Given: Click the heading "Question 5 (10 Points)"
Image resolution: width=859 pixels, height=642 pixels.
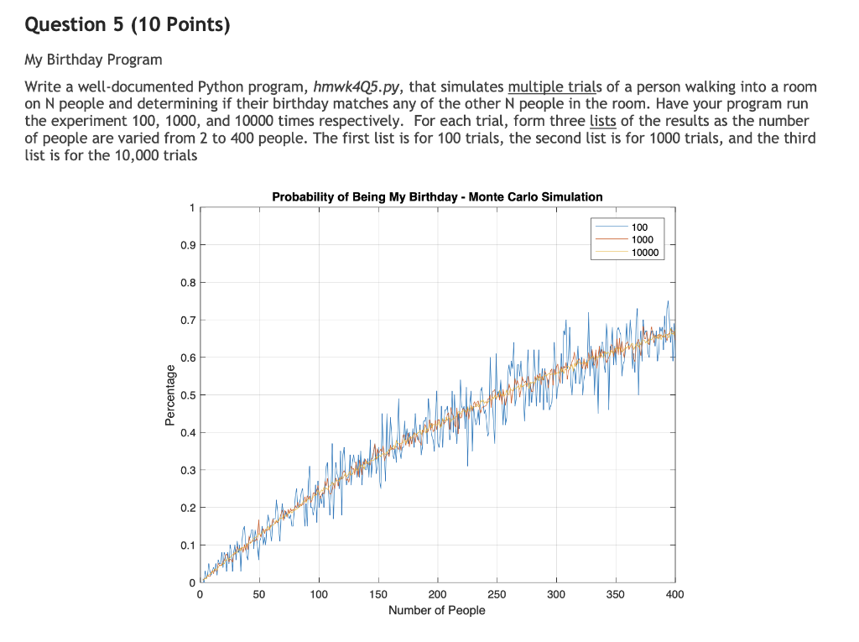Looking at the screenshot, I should tap(127, 25).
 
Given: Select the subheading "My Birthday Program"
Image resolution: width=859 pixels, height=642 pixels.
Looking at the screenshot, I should tap(93, 60).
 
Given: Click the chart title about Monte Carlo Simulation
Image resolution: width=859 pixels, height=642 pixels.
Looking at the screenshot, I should tap(437, 197).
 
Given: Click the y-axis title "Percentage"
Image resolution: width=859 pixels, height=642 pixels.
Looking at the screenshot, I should tap(171, 395).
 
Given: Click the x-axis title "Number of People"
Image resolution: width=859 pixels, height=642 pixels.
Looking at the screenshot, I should tap(436, 610).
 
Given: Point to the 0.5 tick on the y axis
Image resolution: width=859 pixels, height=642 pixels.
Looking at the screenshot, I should tap(190, 395).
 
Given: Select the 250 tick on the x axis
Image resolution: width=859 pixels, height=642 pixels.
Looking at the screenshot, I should tap(497, 594).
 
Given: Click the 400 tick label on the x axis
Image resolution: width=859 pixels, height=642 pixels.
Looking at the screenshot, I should tap(674, 594).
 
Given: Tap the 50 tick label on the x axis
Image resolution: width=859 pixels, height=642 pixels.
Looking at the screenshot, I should tap(259, 594).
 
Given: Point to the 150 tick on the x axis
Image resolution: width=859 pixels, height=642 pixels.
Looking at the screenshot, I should tap(377, 594).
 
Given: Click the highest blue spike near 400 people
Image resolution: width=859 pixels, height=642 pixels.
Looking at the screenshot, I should tap(669, 302).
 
